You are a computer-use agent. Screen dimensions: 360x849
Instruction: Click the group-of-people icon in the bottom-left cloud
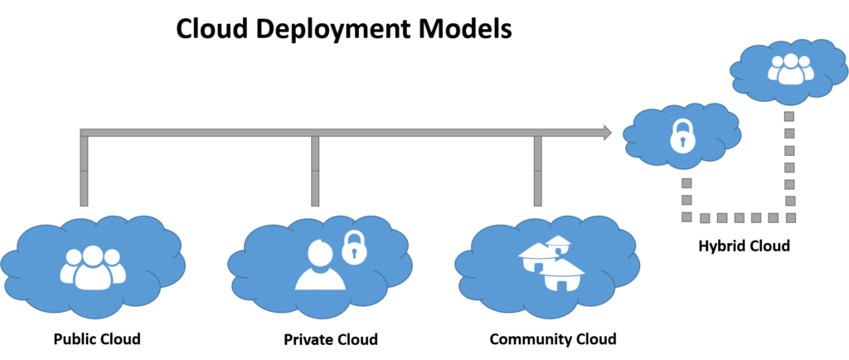coord(91,267)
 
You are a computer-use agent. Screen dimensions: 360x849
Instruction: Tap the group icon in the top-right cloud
coord(790,69)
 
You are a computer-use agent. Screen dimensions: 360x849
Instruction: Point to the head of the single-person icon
coord(320,251)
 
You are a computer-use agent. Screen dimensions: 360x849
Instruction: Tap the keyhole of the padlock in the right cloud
coord(681,142)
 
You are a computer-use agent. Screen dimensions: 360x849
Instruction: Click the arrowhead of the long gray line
coord(608,132)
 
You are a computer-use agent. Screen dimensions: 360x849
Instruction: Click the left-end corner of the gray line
coord(83,133)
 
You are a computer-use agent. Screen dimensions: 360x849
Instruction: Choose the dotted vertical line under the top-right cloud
coord(789,166)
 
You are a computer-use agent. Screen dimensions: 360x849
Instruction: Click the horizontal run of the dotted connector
coord(738,217)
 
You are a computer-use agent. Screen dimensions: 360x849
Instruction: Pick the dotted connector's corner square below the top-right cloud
coord(789,217)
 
